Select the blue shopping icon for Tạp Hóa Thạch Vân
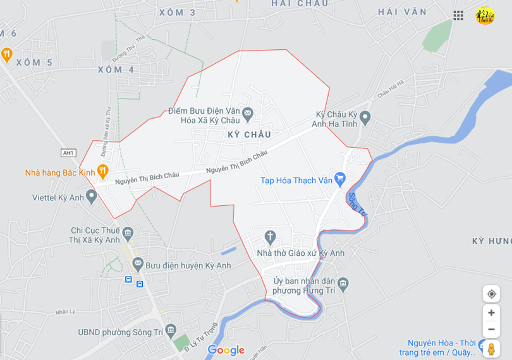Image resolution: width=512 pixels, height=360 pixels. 340,179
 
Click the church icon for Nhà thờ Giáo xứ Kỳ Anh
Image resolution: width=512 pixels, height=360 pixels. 270,237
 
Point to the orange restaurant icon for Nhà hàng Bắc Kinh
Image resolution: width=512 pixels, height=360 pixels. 103,171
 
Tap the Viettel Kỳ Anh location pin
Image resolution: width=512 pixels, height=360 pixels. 92,196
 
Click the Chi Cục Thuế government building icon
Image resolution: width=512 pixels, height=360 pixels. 128,234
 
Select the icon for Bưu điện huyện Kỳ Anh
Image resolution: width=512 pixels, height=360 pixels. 138,264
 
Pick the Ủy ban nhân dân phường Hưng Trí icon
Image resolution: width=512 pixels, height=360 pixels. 343,284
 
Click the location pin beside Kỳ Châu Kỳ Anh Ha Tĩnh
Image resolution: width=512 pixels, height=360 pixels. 365,117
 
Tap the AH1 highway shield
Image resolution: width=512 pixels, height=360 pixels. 68,153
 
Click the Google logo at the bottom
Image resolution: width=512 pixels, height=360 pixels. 226,350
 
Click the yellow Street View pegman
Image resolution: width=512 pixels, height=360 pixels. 491,349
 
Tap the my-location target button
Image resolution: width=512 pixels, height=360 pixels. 491,294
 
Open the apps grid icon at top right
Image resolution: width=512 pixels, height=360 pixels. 458,15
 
